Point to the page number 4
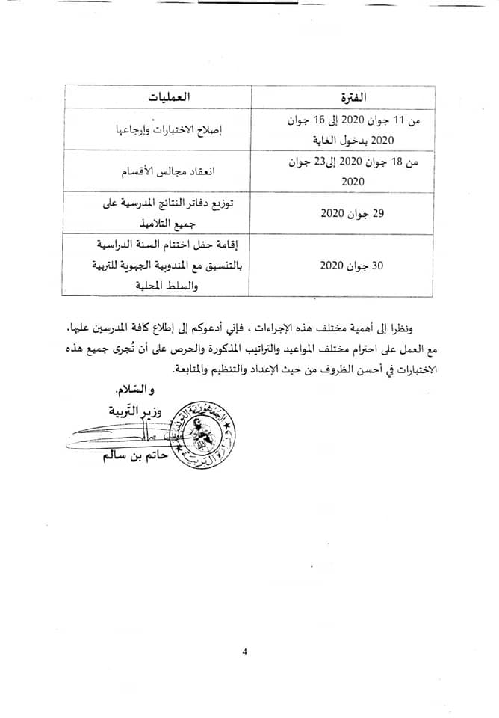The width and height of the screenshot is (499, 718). [x=244, y=651]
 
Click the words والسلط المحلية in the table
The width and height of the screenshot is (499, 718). [x=155, y=285]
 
